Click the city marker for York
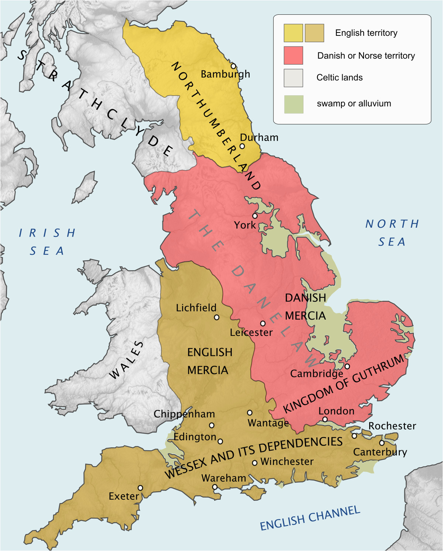point(255,216)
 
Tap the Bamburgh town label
point(225,74)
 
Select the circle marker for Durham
point(242,146)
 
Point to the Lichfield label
point(196,308)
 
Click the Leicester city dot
point(263,323)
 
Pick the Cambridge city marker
point(347,366)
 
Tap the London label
point(336,411)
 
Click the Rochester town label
point(392,426)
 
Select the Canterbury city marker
point(382,443)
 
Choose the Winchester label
point(287,462)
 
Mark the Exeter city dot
point(140,488)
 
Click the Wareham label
point(224,478)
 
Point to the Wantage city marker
point(250,413)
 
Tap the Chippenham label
point(184,414)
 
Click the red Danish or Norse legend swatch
point(293,55)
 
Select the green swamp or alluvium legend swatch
point(293,104)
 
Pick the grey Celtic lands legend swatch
point(293,78)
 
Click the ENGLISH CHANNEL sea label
point(310,518)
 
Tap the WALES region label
point(127,360)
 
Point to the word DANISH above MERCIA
point(305,298)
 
